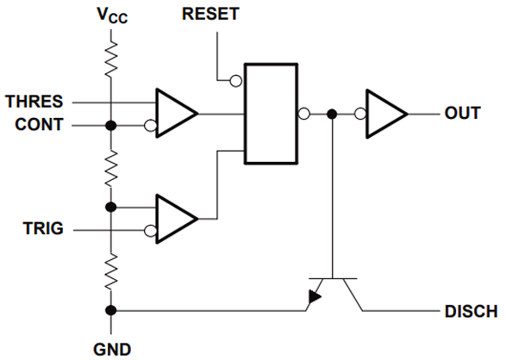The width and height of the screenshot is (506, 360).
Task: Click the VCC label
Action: click(x=111, y=16)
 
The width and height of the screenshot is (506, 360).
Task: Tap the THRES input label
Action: click(x=34, y=101)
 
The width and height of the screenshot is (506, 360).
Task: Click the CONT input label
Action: click(x=39, y=125)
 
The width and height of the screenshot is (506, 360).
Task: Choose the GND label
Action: click(x=111, y=349)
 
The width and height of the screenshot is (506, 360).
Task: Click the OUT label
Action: click(x=463, y=114)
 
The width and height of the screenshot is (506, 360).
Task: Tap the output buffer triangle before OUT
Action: click(x=385, y=114)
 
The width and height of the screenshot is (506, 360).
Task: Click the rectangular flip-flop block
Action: click(x=271, y=113)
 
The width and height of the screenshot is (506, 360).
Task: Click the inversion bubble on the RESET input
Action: click(x=234, y=82)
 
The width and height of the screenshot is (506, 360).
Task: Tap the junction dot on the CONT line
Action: click(x=111, y=126)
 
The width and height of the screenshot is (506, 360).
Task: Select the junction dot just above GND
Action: click(x=111, y=310)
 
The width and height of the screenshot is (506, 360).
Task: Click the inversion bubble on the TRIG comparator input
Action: click(x=151, y=231)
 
